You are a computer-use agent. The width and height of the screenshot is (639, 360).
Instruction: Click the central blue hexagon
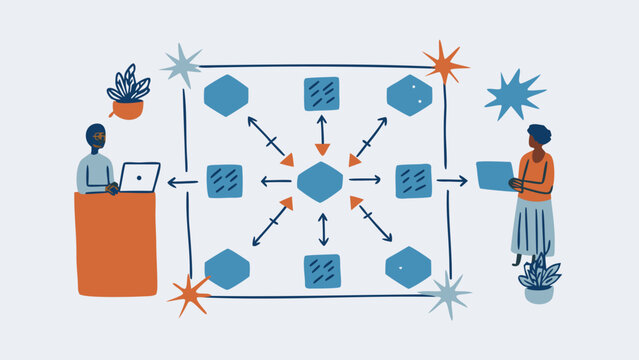click(320, 182)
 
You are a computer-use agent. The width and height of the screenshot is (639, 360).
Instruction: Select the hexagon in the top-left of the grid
click(226, 95)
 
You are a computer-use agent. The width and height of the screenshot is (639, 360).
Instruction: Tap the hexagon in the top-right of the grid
click(410, 95)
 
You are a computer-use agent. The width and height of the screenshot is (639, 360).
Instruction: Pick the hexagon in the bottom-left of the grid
click(227, 269)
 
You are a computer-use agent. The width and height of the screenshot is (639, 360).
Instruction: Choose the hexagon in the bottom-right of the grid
click(408, 267)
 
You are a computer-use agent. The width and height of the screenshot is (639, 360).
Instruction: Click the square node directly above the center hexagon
click(321, 93)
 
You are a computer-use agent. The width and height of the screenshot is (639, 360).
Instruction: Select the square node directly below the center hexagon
click(322, 270)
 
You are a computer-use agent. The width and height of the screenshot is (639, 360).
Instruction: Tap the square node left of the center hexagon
click(225, 181)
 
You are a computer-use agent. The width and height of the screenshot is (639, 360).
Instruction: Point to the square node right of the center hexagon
click(413, 181)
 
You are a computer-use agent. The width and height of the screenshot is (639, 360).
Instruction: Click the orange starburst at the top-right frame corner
click(443, 62)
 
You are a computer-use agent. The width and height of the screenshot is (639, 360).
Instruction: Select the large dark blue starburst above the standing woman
click(514, 95)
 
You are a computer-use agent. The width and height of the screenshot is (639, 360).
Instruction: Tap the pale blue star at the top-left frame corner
click(182, 65)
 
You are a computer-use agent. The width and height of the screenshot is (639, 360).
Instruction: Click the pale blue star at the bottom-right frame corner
click(446, 295)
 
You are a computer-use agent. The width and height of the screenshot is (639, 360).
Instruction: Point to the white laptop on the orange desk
click(138, 177)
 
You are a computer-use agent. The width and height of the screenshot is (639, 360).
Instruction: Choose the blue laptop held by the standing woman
click(493, 175)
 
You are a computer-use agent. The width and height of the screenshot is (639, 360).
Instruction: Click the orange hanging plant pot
click(127, 108)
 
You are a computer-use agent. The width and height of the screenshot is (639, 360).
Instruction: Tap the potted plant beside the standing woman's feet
click(539, 281)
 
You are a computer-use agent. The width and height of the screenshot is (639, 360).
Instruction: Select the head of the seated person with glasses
click(97, 136)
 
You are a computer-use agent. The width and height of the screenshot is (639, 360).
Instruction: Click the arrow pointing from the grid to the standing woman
click(452, 181)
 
